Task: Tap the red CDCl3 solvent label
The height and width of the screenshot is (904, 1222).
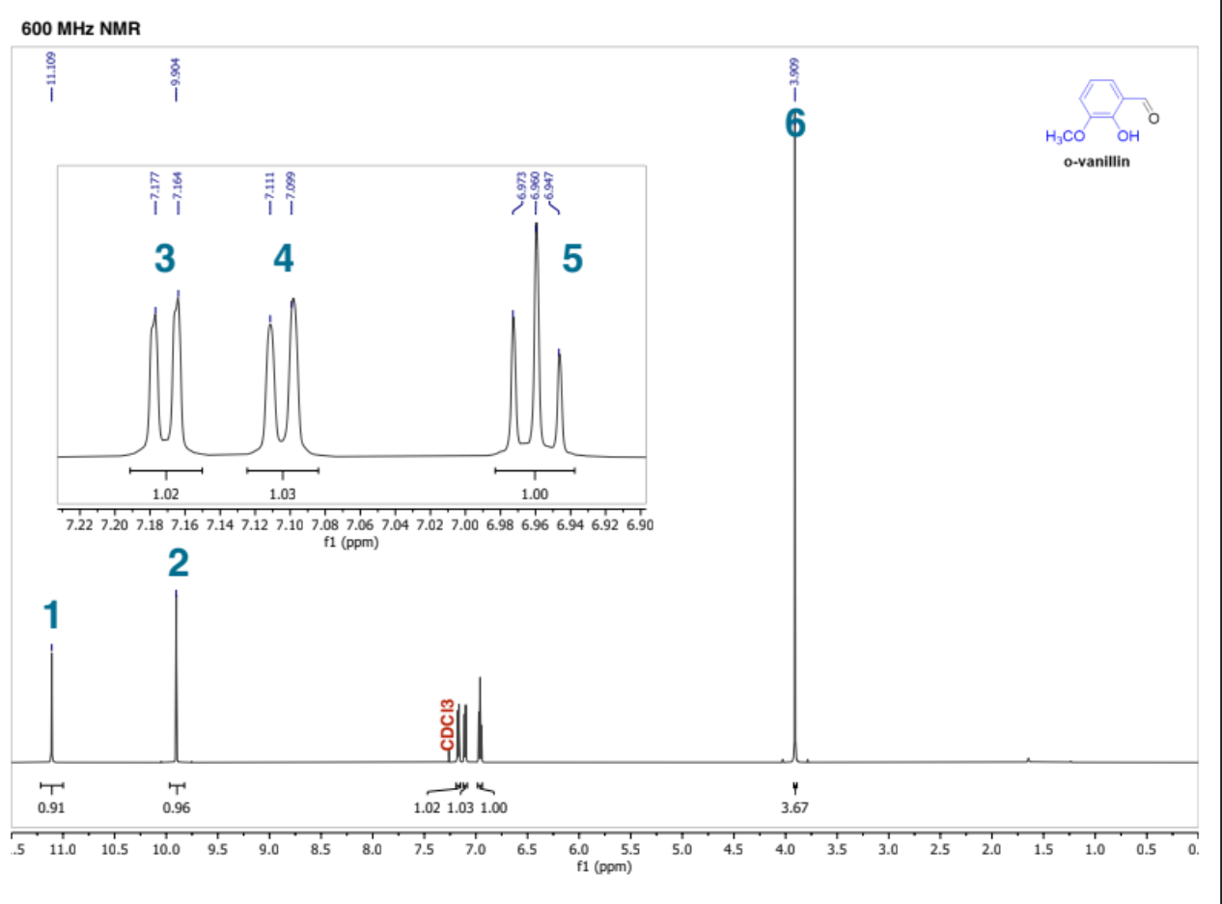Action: click(x=446, y=725)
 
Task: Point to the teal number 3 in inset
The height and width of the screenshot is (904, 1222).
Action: click(x=165, y=258)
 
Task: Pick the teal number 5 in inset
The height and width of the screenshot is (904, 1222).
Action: click(x=572, y=258)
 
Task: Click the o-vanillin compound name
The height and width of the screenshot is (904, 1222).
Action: click(x=1096, y=161)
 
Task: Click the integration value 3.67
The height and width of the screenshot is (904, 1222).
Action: click(x=794, y=806)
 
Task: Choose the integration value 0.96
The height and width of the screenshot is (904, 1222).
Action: click(x=176, y=806)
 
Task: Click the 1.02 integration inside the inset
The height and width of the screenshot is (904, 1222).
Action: click(x=166, y=493)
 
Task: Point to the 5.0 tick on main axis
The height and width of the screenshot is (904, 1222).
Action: click(x=681, y=849)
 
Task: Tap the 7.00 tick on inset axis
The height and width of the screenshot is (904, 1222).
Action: click(x=464, y=525)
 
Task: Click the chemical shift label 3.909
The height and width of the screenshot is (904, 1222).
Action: click(x=793, y=70)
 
